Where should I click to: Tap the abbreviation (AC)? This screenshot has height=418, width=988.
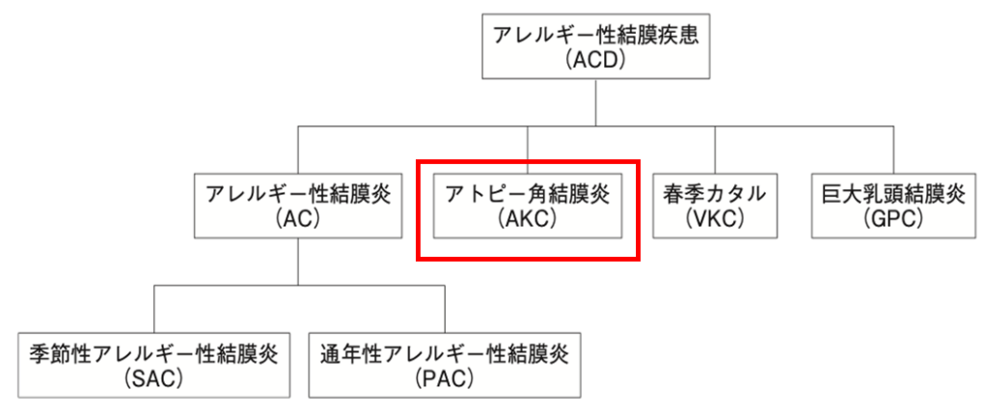tap(297, 218)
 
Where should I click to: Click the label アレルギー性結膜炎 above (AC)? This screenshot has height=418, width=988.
tap(297, 193)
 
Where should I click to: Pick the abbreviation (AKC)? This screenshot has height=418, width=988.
tap(528, 218)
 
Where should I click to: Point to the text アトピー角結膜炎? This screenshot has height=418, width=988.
tap(528, 193)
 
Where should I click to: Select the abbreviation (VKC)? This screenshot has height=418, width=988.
tap(715, 218)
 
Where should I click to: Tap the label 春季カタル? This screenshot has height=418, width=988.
tap(715, 193)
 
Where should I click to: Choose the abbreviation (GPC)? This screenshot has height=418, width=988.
tap(893, 218)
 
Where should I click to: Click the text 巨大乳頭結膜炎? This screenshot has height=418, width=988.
tap(893, 193)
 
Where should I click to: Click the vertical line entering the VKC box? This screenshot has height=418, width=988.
tap(715, 150)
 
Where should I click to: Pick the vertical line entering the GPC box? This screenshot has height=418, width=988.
tap(893, 150)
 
